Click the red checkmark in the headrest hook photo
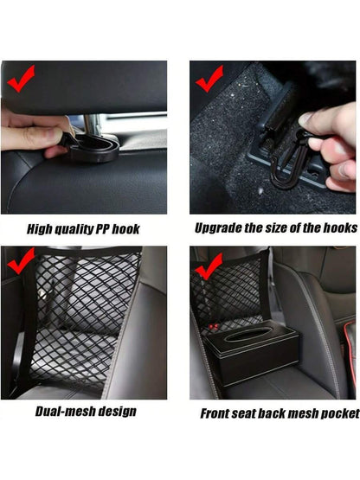point(20,79)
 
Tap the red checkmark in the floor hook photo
point(209,79)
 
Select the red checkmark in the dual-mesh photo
point(20,261)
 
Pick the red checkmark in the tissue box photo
point(209,267)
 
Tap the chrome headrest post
point(92,124)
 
